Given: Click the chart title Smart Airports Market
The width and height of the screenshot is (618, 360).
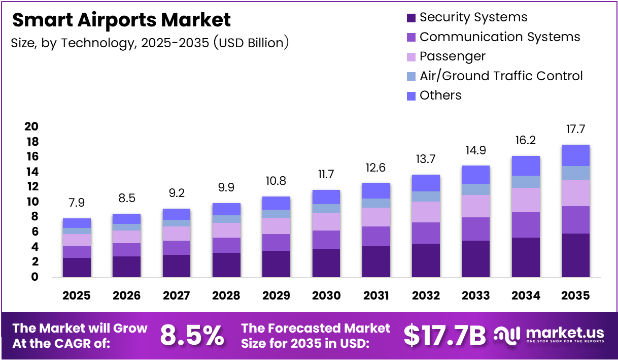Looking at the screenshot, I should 121,20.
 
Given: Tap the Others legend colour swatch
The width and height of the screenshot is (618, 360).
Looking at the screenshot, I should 411,95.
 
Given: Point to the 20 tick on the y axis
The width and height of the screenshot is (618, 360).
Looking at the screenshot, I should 31,126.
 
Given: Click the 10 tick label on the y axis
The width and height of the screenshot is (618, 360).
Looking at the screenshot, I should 31,202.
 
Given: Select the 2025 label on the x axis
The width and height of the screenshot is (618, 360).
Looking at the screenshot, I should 77,296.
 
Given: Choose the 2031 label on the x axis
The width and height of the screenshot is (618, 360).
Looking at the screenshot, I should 376,296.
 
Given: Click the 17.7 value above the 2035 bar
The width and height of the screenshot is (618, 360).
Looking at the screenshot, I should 575,129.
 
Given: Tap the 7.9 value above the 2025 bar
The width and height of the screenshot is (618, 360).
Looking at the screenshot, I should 77,203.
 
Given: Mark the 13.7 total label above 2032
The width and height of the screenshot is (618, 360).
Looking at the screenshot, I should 426,160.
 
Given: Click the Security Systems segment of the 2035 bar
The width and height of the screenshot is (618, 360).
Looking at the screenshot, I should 575,255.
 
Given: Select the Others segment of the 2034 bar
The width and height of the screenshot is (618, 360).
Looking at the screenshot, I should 526,166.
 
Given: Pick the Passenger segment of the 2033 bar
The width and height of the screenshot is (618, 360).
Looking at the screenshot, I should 475,206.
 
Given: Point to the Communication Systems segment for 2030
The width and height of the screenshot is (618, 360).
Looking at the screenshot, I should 326,240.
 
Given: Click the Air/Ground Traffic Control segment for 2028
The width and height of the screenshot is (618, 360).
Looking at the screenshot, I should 226,219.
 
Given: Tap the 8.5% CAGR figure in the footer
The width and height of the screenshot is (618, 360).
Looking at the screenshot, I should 192,335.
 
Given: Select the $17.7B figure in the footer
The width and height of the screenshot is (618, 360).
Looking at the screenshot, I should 444,335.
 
